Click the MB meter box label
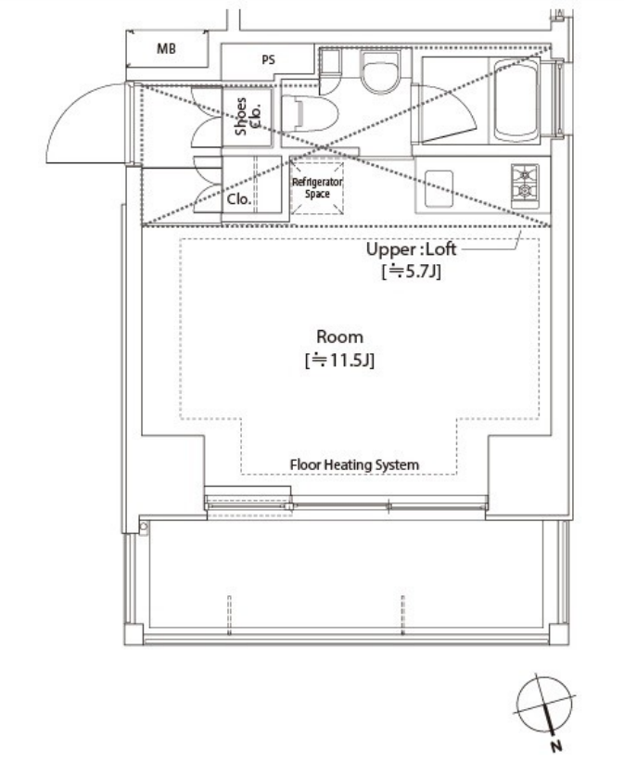click(x=166, y=48)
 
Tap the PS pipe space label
click(x=268, y=59)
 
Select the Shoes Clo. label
click(x=248, y=116)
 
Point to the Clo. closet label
click(x=239, y=198)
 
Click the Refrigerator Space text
click(x=317, y=187)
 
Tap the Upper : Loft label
click(x=411, y=249)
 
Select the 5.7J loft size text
click(x=411, y=271)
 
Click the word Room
click(x=339, y=337)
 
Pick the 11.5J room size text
click(x=339, y=360)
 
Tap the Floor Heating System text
click(x=354, y=464)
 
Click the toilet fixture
click(x=310, y=113)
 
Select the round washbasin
click(x=380, y=71)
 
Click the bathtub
click(x=516, y=100)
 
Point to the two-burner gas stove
click(x=525, y=186)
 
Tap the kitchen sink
click(x=439, y=188)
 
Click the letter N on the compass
click(x=557, y=745)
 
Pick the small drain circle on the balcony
click(x=144, y=527)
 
